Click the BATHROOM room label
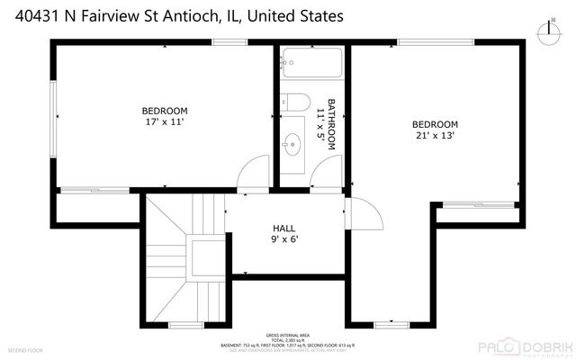(331, 123)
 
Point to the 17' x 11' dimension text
(164, 122)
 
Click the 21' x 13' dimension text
(435, 136)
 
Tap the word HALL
(284, 229)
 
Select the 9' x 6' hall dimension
(284, 240)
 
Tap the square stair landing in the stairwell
(204, 255)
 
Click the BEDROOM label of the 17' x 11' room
(164, 111)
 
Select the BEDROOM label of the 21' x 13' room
(435, 124)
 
